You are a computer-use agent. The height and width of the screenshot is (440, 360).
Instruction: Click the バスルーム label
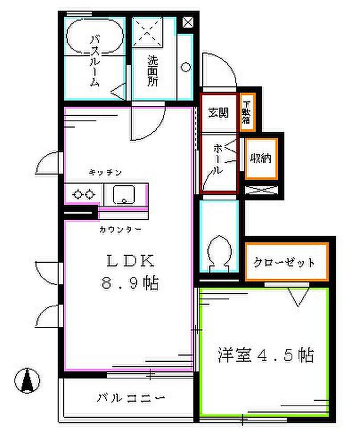coord(95,61)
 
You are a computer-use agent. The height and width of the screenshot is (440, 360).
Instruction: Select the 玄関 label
coord(218,113)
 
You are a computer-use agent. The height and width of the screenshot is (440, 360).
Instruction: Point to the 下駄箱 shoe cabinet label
coord(246,113)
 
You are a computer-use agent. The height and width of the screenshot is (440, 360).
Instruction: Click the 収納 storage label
coord(261,159)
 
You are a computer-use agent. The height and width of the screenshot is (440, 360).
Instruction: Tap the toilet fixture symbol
coord(218,253)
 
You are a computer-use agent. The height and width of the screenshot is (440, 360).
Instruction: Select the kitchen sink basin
coord(123,195)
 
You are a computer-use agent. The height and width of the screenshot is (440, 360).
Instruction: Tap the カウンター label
coord(120,230)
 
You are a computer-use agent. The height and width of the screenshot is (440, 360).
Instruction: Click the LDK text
coord(130,261)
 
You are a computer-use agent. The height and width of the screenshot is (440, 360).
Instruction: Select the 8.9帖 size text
coord(130,283)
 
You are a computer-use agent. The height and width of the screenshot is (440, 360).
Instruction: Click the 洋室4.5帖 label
coord(265,355)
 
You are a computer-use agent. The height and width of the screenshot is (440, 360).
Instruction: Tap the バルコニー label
coord(131,398)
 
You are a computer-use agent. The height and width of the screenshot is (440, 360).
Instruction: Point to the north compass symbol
coord(27,380)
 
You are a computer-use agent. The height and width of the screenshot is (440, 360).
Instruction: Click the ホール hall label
coord(218,160)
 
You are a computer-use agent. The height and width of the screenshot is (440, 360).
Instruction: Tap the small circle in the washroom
coord(185,67)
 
